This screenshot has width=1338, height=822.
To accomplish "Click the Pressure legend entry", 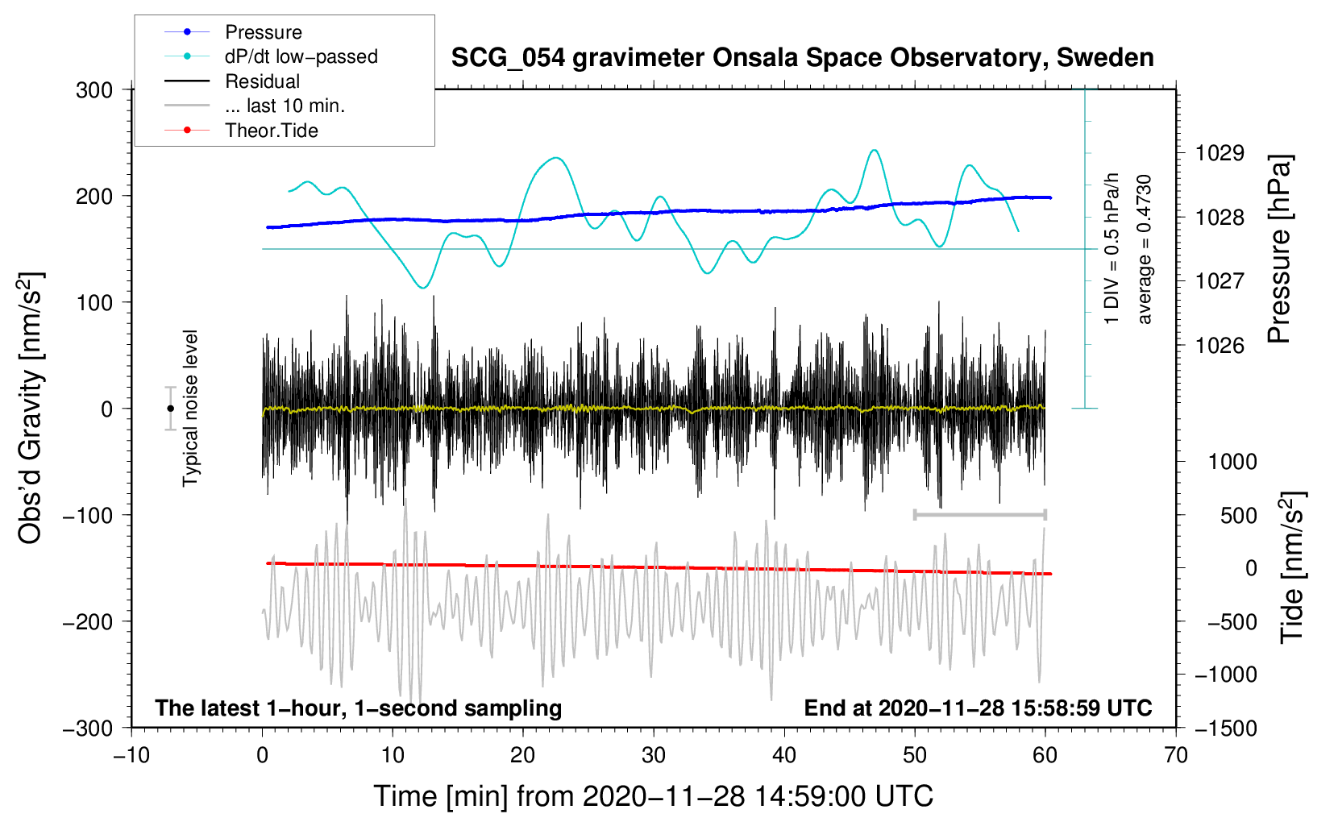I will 263,32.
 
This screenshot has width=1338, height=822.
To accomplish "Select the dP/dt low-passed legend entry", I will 301,56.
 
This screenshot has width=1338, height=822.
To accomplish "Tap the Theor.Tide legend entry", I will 271,131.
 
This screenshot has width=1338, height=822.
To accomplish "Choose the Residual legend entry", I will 262,81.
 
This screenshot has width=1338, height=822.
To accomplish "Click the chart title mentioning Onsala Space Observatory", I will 802,58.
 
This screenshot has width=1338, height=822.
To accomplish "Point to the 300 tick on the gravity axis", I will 94,90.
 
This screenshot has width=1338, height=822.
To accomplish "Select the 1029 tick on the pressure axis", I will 1220,153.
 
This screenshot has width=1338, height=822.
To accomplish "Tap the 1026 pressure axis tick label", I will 1220,346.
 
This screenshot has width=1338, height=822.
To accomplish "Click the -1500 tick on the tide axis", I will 1225,729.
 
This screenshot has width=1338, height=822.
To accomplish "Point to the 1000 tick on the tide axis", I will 1232,462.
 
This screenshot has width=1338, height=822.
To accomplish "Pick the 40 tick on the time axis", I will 784,756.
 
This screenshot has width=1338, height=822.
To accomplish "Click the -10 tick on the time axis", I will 131,756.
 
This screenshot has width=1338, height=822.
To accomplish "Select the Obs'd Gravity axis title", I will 30,409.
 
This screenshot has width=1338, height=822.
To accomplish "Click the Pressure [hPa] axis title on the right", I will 1279,250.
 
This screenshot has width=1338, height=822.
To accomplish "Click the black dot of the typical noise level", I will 170,409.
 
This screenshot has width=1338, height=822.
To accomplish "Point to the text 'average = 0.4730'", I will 1145,250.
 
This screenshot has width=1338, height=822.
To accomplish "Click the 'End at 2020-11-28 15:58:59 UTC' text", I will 978,708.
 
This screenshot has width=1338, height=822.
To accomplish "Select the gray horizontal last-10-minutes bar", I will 979,514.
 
